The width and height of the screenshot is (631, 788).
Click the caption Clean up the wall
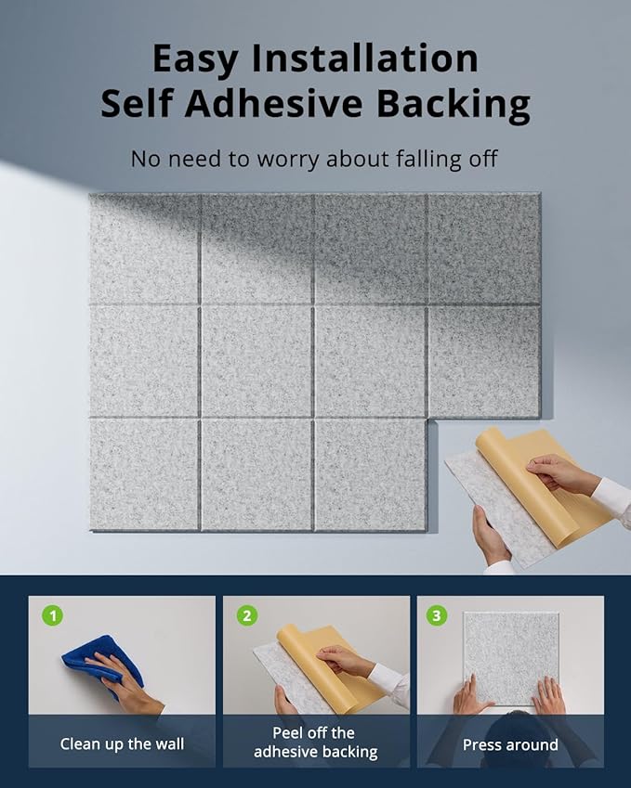(122, 743)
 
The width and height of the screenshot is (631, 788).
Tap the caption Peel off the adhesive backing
(316, 743)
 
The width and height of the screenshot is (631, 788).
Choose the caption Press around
(510, 744)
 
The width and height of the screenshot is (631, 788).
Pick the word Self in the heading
(137, 103)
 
